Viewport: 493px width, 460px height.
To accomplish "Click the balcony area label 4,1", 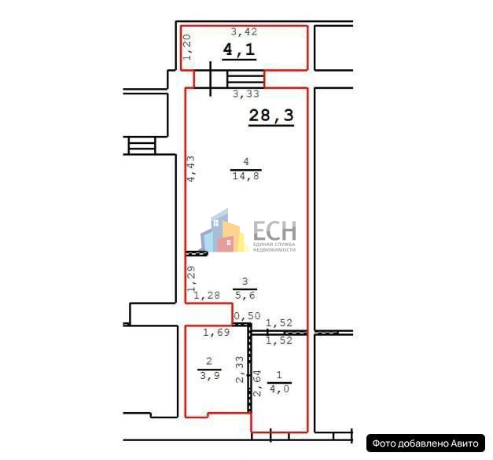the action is point(239,50).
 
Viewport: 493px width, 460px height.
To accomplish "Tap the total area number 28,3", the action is point(271,116).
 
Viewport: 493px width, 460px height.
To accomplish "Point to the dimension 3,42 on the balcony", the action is point(244,31).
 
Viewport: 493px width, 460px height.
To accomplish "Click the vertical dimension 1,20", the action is point(187,47).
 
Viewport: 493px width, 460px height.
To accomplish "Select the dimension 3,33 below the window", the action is point(246,94).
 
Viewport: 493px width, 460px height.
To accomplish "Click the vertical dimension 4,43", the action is point(190,168).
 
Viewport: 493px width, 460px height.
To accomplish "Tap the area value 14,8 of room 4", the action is point(246,176).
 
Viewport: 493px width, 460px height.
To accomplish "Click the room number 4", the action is point(246,162).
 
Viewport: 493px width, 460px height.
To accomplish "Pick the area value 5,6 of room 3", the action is point(245,295).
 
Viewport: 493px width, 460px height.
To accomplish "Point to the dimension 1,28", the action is point(207,295).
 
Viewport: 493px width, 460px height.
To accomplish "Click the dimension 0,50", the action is point(247,315).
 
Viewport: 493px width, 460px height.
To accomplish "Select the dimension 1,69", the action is point(216,333).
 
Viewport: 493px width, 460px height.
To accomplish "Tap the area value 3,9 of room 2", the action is point(210,375).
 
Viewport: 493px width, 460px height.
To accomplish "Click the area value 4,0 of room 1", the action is point(279,389).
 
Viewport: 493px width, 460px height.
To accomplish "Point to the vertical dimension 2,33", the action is point(240,370).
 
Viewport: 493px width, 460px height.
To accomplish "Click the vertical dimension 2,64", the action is point(257,383).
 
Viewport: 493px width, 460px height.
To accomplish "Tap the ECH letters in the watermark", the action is point(274,230).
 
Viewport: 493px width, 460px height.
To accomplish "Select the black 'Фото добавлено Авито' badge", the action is point(425,443).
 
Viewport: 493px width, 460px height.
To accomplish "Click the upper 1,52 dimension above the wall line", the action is point(279,322).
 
